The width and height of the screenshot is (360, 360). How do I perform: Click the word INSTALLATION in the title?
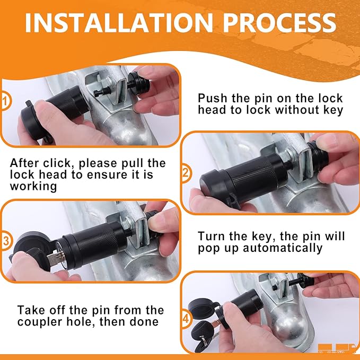[x=119, y=23]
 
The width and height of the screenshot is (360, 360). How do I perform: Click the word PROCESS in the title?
[x=279, y=23]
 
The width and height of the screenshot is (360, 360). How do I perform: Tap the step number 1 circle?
[x=5, y=101]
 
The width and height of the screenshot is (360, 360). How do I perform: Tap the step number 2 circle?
[x=186, y=173]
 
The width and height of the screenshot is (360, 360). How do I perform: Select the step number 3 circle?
[x=5, y=241]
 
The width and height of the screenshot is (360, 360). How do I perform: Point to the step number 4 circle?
[x=186, y=319]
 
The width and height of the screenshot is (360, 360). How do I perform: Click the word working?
[x=33, y=187]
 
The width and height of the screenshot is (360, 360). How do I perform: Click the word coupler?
[x=40, y=322]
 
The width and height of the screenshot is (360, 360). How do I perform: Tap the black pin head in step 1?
[x=139, y=82]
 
